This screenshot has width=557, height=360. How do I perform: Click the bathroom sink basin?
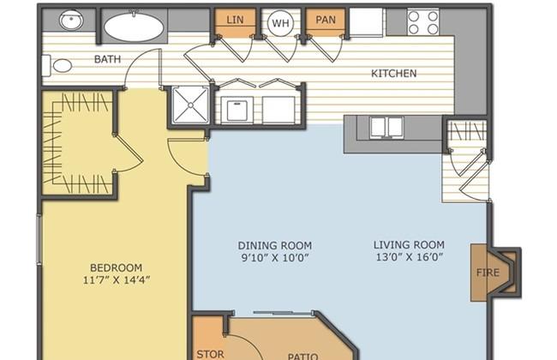click(71, 20)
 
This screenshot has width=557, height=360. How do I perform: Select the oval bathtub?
click(134, 27)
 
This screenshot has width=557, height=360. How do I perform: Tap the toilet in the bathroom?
click(57, 66)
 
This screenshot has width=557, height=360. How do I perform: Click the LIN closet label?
click(235, 20)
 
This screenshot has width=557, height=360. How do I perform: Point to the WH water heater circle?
click(280, 23)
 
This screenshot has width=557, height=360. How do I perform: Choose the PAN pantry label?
click(326, 20)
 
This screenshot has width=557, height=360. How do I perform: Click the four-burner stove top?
click(423, 22)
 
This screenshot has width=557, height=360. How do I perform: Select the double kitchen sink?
click(386, 127)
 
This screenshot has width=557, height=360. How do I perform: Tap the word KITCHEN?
click(394, 74)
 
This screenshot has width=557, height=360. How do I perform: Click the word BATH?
click(108, 59)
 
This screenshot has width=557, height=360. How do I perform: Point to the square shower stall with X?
click(190, 105)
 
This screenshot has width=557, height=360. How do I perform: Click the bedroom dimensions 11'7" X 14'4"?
click(117, 280)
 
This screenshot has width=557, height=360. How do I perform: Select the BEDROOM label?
click(117, 267)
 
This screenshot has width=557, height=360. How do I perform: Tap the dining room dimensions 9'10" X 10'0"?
click(274, 258)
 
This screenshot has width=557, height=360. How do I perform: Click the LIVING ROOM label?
click(409, 245)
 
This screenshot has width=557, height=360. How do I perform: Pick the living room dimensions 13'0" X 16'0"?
click(410, 257)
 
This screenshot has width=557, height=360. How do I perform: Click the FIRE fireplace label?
click(488, 273)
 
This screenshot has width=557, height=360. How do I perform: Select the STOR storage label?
click(210, 354)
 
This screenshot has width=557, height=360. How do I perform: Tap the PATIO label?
click(302, 357)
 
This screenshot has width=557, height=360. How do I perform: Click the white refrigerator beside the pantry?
click(366, 22)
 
